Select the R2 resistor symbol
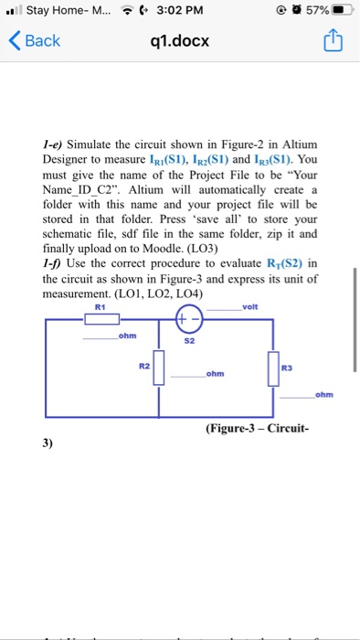[x=159, y=368]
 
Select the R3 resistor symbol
[x=273, y=368]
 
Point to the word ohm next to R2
[x=216, y=373]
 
